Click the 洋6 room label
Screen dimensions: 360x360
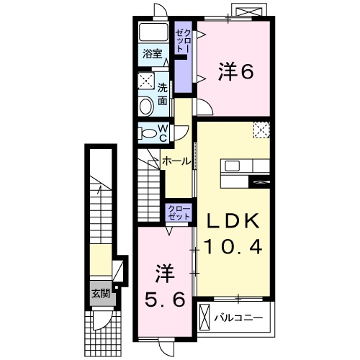[235, 71]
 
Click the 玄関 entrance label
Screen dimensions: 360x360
[100, 293]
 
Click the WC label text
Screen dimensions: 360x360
[163, 132]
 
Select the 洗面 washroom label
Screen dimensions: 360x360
[163, 94]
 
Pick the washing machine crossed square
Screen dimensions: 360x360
[146, 81]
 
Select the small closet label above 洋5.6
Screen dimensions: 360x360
[179, 212]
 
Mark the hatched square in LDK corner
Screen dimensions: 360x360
[261, 129]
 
